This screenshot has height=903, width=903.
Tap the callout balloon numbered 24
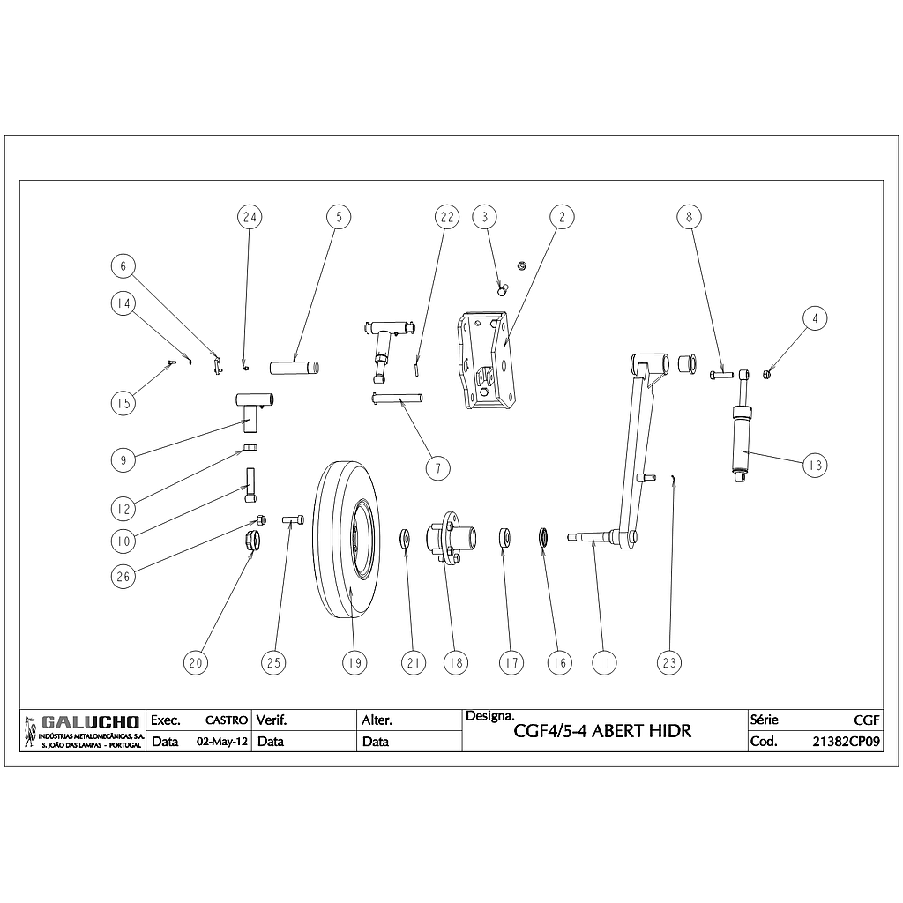click(250, 216)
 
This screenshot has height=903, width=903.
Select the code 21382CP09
click(846, 742)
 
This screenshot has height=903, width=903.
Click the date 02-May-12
click(221, 742)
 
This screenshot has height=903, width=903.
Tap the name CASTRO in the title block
click(226, 720)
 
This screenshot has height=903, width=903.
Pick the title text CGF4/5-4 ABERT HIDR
click(602, 731)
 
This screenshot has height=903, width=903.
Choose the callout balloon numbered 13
click(815, 465)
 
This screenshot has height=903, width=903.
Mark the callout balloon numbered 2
click(561, 216)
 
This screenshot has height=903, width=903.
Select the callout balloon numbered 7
click(438, 467)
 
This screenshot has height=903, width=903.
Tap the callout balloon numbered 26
click(123, 577)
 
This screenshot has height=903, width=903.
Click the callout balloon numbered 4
click(815, 317)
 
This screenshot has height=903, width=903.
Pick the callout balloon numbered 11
click(604, 662)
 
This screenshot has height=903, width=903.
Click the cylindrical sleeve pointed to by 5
click(295, 366)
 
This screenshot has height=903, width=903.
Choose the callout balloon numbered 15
click(123, 403)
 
